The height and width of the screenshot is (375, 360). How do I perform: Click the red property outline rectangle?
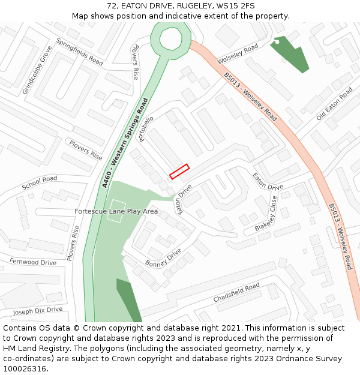(179, 172)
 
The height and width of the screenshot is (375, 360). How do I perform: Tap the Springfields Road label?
(80, 52)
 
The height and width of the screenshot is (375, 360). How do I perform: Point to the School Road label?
(40, 183)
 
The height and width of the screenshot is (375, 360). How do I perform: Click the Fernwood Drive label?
(33, 262)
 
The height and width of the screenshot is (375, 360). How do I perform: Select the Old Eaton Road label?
(335, 104)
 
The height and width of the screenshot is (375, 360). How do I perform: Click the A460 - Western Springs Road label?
(125, 143)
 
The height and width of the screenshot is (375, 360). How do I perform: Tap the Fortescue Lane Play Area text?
(116, 211)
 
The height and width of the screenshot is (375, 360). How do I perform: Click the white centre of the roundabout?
(170, 39)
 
